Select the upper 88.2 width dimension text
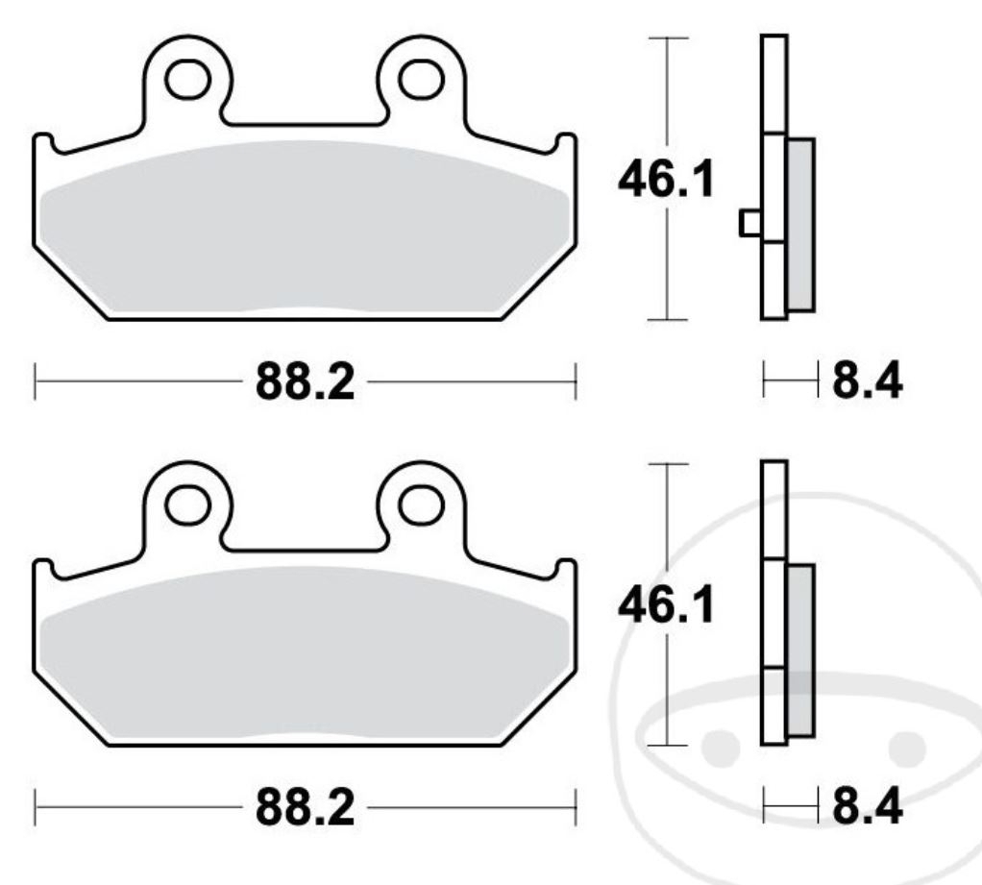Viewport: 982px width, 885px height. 305,383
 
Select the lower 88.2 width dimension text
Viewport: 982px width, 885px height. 305,810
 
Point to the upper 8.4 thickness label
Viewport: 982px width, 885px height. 867,383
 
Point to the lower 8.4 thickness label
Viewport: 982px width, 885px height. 867,810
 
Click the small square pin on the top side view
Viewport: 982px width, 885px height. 749,223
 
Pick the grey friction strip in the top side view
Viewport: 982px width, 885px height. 800,224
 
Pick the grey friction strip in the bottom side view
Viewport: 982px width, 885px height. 799,651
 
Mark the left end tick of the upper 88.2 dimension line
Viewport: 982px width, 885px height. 35,381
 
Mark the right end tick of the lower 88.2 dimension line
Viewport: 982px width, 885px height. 575,808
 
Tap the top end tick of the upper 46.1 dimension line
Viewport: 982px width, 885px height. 669,37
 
